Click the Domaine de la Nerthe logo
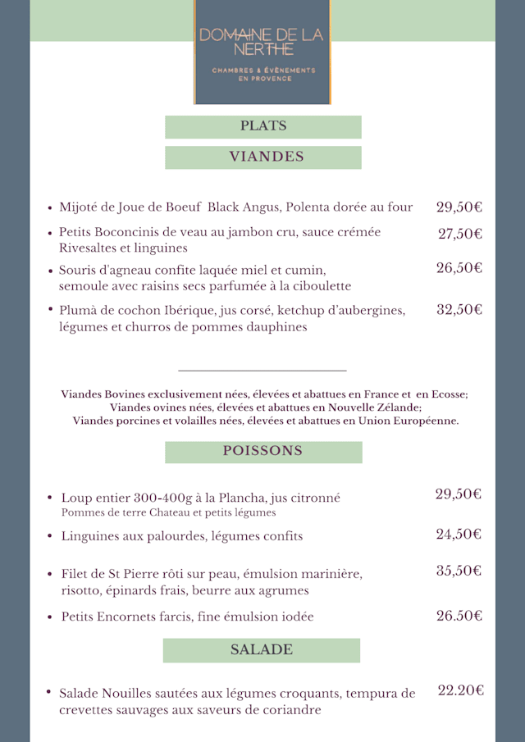point(262,52)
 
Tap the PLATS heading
point(263,126)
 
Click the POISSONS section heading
point(262,451)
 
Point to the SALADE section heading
point(261,650)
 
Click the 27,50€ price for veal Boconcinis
point(459,234)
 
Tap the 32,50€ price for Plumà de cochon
point(459,310)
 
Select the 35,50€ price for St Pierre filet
point(459,571)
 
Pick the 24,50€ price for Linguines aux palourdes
point(459,535)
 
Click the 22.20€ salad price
point(460,691)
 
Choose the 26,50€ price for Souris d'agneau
point(459,268)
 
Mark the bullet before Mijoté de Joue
point(50,208)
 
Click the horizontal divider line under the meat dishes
point(262,371)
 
